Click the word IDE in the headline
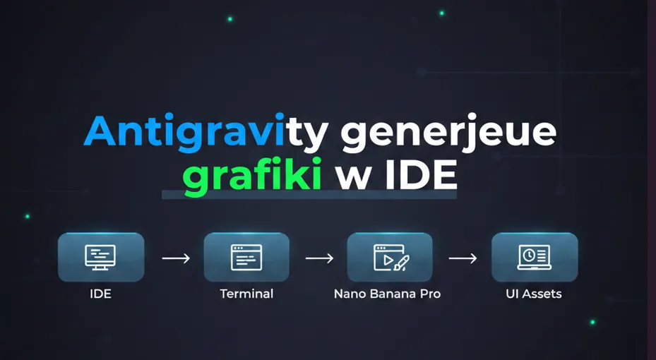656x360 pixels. [x=422, y=176]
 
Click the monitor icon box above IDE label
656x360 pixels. [x=101, y=258]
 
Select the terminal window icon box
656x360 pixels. [x=246, y=258]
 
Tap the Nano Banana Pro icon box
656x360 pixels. [x=390, y=258]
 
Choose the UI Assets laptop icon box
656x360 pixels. [x=535, y=258]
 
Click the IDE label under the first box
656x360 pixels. [x=101, y=294]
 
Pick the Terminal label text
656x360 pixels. [x=246, y=294]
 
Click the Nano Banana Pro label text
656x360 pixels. [x=387, y=294]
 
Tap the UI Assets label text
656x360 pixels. [x=534, y=294]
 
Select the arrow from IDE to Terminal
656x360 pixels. [x=176, y=258]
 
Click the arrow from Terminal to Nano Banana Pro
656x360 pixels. [x=319, y=258]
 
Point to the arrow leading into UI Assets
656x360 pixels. [x=463, y=258]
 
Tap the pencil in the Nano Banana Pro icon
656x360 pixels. [x=402, y=263]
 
